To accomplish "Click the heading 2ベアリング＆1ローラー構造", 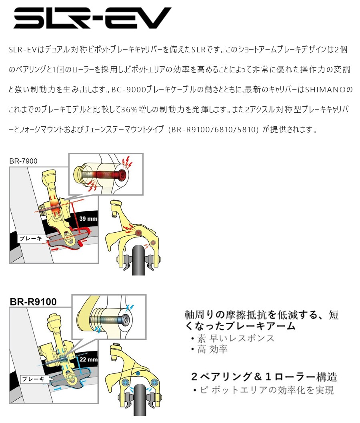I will [x=264, y=376].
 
